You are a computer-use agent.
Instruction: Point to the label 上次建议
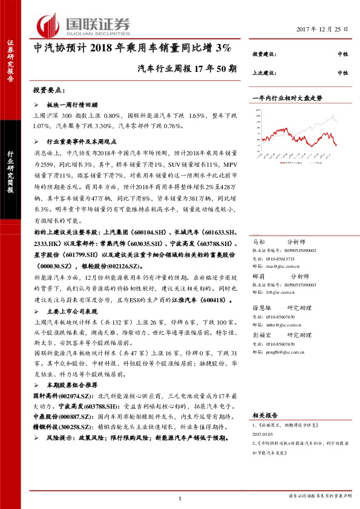(265, 73)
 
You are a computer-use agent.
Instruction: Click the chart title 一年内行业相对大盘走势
(287, 97)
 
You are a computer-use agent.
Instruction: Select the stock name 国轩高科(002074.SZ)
(61, 395)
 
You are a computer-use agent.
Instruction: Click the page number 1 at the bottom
(180, 498)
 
